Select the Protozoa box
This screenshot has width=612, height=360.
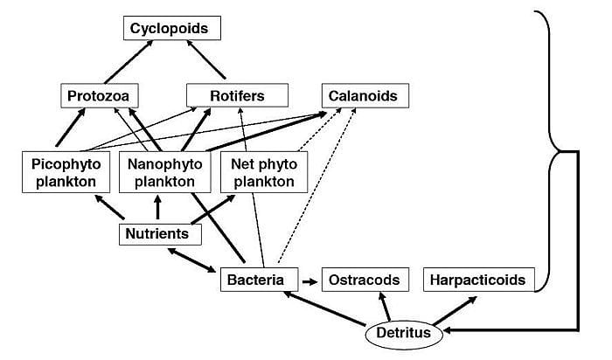(x=101, y=95)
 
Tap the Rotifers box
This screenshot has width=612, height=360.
(x=225, y=95)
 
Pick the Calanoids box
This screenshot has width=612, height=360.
(x=363, y=95)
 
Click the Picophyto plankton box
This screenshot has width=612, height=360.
(x=66, y=173)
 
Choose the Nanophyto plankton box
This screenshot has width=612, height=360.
(x=164, y=173)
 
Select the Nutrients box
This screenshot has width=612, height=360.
(x=160, y=234)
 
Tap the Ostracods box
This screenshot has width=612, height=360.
(x=365, y=280)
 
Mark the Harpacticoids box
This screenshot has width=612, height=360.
(x=477, y=280)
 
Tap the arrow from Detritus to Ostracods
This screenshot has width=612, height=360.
(x=386, y=307)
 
